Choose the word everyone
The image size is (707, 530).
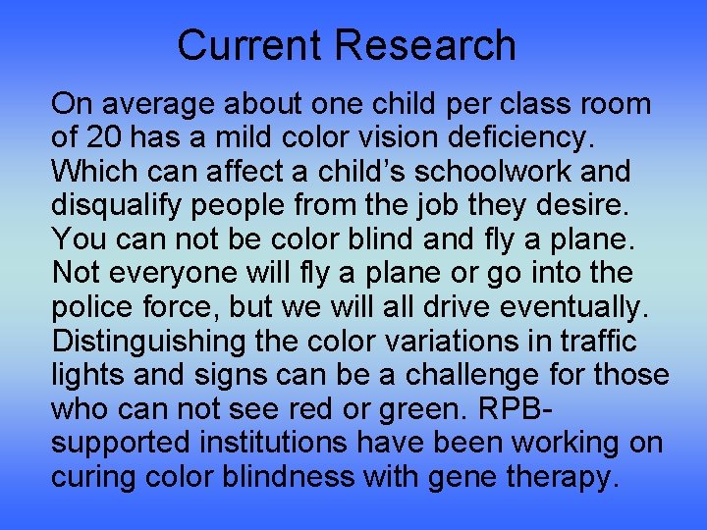[x=168, y=273]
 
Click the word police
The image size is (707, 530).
[x=93, y=307]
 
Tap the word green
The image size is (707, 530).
[x=413, y=408]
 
